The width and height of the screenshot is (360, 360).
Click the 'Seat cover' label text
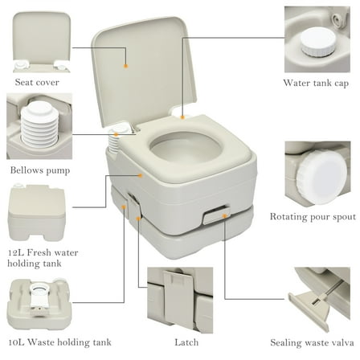[38, 81]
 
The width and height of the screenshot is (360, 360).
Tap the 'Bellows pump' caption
[40, 171]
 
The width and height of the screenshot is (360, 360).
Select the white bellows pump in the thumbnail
[35, 129]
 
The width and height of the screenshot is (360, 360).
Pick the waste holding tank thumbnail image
[38, 305]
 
